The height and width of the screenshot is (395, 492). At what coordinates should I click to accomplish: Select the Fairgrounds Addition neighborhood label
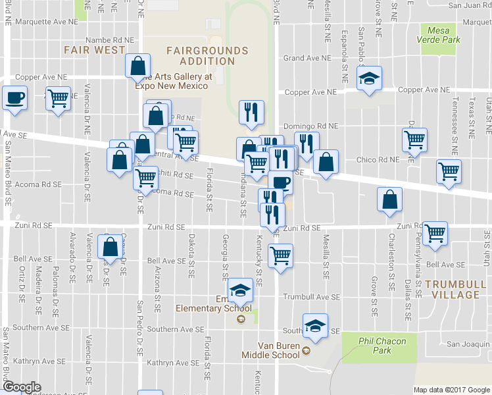(207, 56)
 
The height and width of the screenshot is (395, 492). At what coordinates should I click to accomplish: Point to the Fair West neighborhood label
(95, 50)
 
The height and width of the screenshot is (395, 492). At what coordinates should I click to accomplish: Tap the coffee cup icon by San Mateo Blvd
(14, 99)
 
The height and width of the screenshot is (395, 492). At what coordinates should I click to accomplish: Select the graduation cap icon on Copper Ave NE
(370, 78)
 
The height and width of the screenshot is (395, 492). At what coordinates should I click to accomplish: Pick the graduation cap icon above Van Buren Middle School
(316, 325)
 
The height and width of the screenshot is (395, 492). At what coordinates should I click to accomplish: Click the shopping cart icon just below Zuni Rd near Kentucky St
(281, 255)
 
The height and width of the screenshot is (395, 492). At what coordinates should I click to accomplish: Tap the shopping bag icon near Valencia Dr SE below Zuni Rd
(110, 246)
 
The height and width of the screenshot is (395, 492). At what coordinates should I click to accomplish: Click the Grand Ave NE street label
(306, 58)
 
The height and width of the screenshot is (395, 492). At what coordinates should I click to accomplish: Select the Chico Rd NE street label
(378, 159)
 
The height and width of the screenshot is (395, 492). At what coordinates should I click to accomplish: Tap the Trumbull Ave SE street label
(306, 297)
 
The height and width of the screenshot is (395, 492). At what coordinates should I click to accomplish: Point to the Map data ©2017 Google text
(451, 389)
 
